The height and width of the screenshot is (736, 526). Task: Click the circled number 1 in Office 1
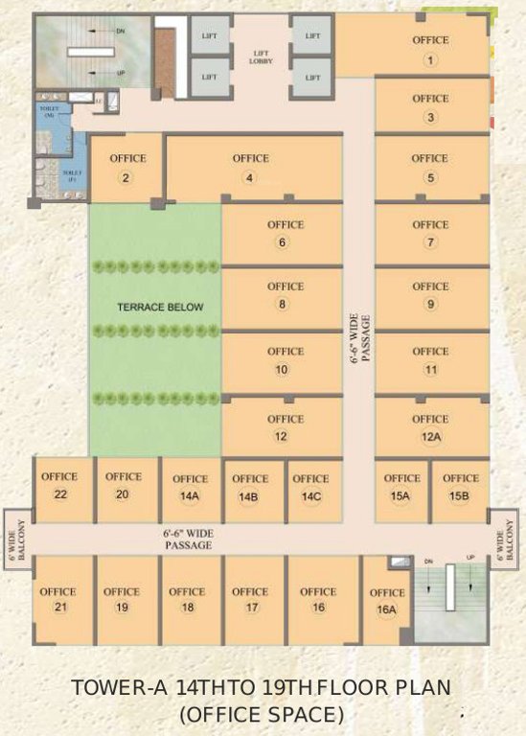click(430, 60)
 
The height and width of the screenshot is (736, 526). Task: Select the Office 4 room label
click(250, 159)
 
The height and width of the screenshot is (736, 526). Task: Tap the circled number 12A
click(430, 437)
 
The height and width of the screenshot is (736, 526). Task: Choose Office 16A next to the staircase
click(387, 601)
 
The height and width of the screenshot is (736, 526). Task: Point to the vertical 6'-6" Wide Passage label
click(358, 337)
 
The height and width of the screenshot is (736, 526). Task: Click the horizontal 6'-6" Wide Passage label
click(187, 538)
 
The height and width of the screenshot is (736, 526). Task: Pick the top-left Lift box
click(210, 35)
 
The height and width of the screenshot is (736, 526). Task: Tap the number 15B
click(460, 495)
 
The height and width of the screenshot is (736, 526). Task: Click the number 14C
click(310, 496)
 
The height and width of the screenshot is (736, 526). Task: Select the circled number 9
click(430, 305)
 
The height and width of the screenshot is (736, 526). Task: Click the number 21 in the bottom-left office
click(59, 608)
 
